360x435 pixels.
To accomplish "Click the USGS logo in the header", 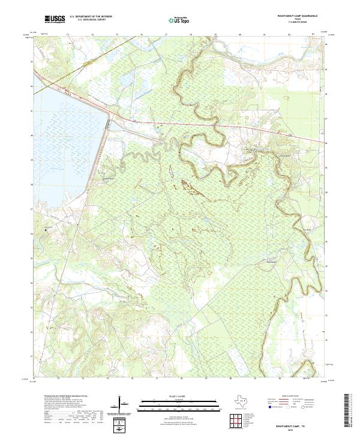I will (55, 19).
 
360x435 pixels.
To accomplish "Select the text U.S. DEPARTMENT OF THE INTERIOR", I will (91, 17).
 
